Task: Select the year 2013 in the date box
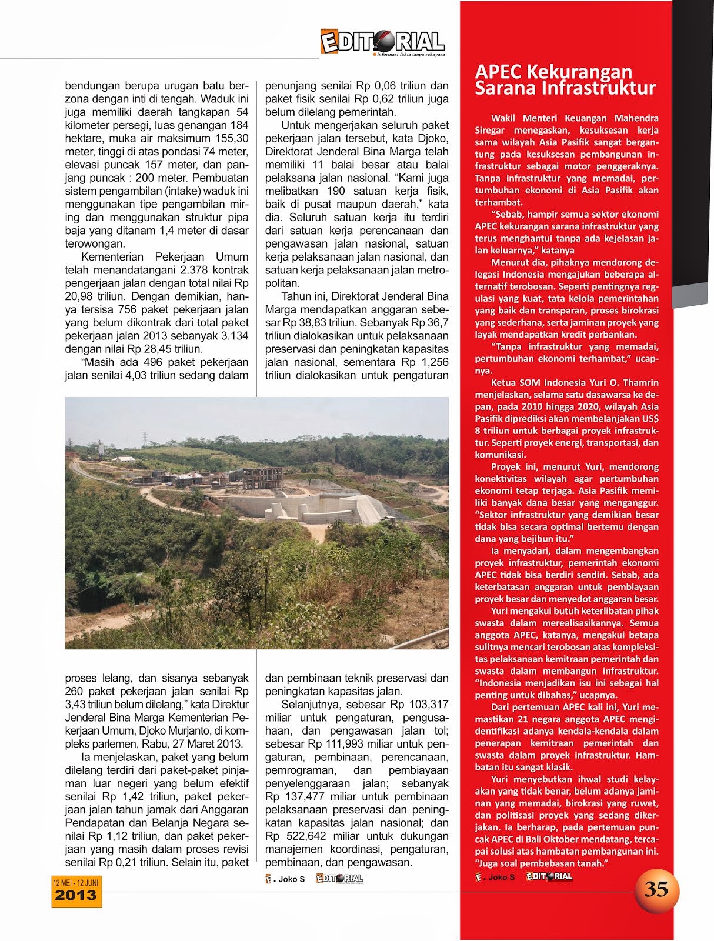tap(75, 896)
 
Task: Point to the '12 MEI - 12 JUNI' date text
tap(75, 883)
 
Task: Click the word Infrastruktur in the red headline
tap(595, 88)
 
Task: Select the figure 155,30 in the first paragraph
tap(232, 138)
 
